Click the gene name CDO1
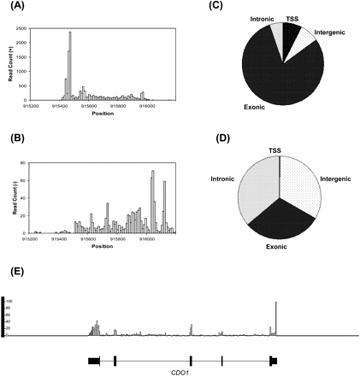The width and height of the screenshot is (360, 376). [183, 371]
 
